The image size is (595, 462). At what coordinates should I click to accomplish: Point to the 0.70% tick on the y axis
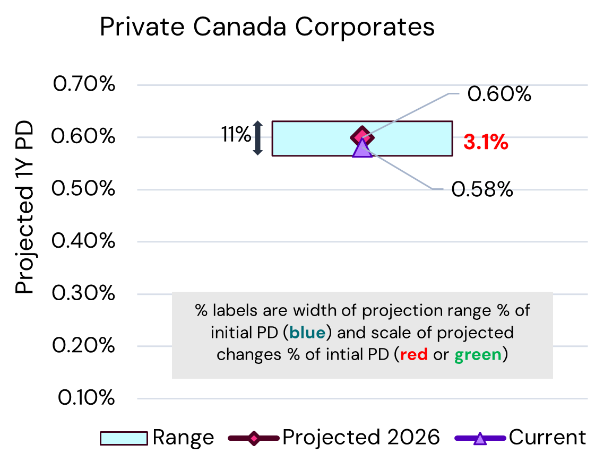pos(83,84)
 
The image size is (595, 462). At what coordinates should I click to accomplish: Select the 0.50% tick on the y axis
pos(83,189)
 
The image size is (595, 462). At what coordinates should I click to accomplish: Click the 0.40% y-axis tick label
pos(83,241)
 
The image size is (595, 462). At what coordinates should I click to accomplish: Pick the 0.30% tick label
pos(83,293)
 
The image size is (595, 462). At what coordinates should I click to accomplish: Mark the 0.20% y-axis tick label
pos(83,346)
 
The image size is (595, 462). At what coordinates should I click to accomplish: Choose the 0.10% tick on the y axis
pos(83,398)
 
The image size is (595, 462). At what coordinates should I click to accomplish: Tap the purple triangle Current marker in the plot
pos(362,148)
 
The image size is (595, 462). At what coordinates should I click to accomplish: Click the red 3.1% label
pos(486,142)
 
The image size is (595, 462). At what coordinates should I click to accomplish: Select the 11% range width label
pos(236,135)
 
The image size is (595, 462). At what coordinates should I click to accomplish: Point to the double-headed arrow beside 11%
pos(257,138)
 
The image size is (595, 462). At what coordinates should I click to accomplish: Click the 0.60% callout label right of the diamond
pos(499,94)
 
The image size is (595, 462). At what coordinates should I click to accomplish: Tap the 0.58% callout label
pos(482,189)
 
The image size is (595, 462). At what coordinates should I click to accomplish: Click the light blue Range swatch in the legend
pos(124,438)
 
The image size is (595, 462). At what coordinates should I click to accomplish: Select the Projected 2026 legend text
pos(361,438)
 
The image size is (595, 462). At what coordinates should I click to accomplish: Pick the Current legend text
pos(547,438)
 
